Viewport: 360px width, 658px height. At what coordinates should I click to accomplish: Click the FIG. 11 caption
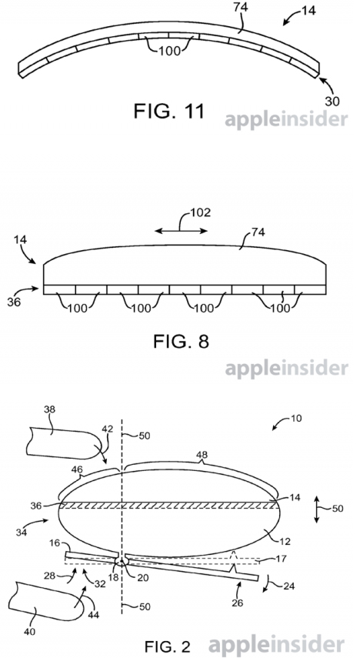(x=169, y=111)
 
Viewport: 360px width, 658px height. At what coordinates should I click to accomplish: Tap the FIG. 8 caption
(x=181, y=342)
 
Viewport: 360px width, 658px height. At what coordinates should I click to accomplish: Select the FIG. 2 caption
(x=168, y=646)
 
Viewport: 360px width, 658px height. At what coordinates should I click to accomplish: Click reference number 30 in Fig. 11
(x=332, y=101)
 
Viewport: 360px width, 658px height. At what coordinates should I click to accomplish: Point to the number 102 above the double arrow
(x=201, y=212)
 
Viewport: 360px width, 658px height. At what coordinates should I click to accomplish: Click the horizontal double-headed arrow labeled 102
(x=181, y=231)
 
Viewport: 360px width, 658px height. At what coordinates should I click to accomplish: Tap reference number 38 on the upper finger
(x=49, y=409)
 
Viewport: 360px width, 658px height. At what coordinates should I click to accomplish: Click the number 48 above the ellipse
(x=202, y=455)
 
